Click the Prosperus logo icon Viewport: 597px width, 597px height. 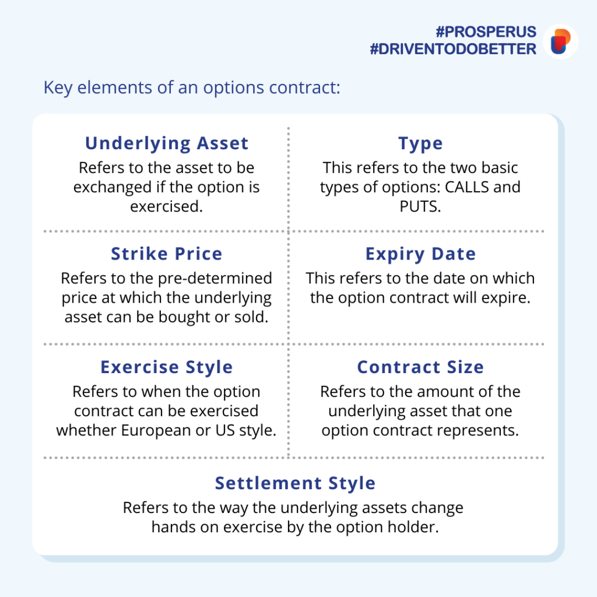[560, 41]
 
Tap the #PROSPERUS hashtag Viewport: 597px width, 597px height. [486, 32]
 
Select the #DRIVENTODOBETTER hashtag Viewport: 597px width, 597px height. [453, 49]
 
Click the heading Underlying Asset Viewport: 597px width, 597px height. [167, 143]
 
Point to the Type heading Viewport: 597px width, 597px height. [420, 144]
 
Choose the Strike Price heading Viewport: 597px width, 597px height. [167, 254]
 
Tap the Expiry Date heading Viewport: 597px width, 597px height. [420, 254]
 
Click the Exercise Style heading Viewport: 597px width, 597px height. [167, 367]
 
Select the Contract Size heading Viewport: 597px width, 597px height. [420, 367]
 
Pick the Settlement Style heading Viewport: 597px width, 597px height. [295, 483]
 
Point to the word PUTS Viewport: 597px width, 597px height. [420, 206]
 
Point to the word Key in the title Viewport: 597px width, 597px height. [58, 88]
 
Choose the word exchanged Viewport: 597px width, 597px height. [113, 187]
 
